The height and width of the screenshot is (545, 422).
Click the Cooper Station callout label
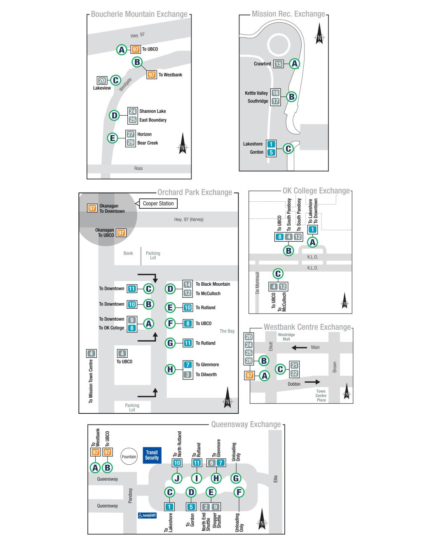[x=158, y=203]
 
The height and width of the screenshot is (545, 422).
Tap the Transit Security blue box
[x=152, y=455]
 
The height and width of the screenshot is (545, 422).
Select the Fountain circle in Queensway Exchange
[x=129, y=456]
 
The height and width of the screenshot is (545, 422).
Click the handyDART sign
[x=147, y=515]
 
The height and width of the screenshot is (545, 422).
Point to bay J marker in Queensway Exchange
[x=177, y=478]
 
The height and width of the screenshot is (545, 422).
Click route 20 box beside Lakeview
[x=102, y=81]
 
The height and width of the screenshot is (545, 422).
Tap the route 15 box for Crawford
[x=279, y=64]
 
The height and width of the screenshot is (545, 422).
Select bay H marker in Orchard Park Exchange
[x=170, y=369]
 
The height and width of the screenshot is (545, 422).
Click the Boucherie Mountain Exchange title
[x=139, y=14]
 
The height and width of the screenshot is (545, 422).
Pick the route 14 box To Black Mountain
[x=188, y=284]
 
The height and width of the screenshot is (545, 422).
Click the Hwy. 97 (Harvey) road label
[x=189, y=219]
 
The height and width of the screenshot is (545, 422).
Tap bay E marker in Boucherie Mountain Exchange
[x=112, y=138]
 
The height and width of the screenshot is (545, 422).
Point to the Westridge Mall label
[x=286, y=337]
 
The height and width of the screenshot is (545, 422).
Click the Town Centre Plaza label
[x=321, y=396]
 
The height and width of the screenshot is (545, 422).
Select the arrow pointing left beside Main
[x=299, y=348]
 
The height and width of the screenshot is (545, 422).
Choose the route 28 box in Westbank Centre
[x=249, y=361]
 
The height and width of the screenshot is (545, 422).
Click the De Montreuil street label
[x=258, y=282]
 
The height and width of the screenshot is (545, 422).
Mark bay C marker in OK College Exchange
[x=278, y=274]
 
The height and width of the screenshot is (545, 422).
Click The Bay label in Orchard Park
[x=227, y=331]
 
